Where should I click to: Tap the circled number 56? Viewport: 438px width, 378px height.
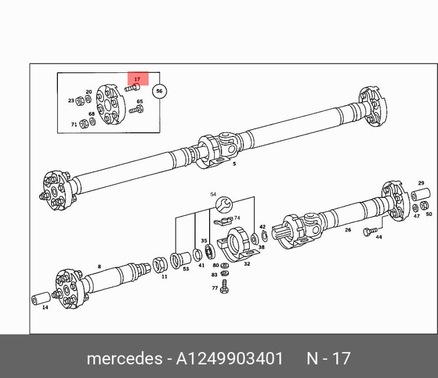click(159, 91)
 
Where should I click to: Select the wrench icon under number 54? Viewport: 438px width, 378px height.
click(225, 204)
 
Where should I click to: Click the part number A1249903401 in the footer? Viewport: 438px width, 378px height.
click(229, 358)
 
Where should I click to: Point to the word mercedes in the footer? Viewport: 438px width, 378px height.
click(124, 359)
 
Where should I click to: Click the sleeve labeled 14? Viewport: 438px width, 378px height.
click(41, 298)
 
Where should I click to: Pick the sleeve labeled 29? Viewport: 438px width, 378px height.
click(421, 194)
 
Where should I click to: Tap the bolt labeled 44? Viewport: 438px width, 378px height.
click(370, 231)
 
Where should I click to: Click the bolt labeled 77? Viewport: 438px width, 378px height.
click(225, 287)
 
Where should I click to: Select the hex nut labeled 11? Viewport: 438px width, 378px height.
click(160, 265)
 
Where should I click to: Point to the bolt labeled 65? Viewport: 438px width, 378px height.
click(136, 109)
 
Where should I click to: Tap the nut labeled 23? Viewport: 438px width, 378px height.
click(80, 100)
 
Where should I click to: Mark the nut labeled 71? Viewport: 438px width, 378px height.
click(83, 123)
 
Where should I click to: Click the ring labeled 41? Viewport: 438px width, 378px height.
click(198, 255)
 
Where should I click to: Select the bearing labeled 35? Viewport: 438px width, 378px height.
click(209, 251)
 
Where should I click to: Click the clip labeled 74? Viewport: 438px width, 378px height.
click(224, 221)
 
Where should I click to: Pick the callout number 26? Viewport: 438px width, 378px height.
click(348, 230)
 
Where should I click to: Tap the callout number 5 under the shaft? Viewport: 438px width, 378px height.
click(234, 164)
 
